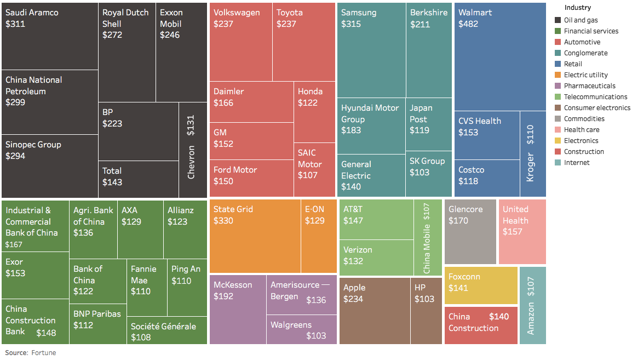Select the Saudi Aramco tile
pos(50,36)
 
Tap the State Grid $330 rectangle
pos(255,236)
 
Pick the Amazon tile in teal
pos(532,305)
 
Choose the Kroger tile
pos(532,154)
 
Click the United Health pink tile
pos(522,231)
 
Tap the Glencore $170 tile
pos(470,231)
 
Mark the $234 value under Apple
pos(353,299)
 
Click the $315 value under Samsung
pos(351,24)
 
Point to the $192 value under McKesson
pos(223,296)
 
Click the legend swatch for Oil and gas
pos(558,20)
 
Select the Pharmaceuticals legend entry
pos(589,86)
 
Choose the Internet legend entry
pos(577,163)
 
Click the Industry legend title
pos(577,8)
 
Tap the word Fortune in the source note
pos(44,353)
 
